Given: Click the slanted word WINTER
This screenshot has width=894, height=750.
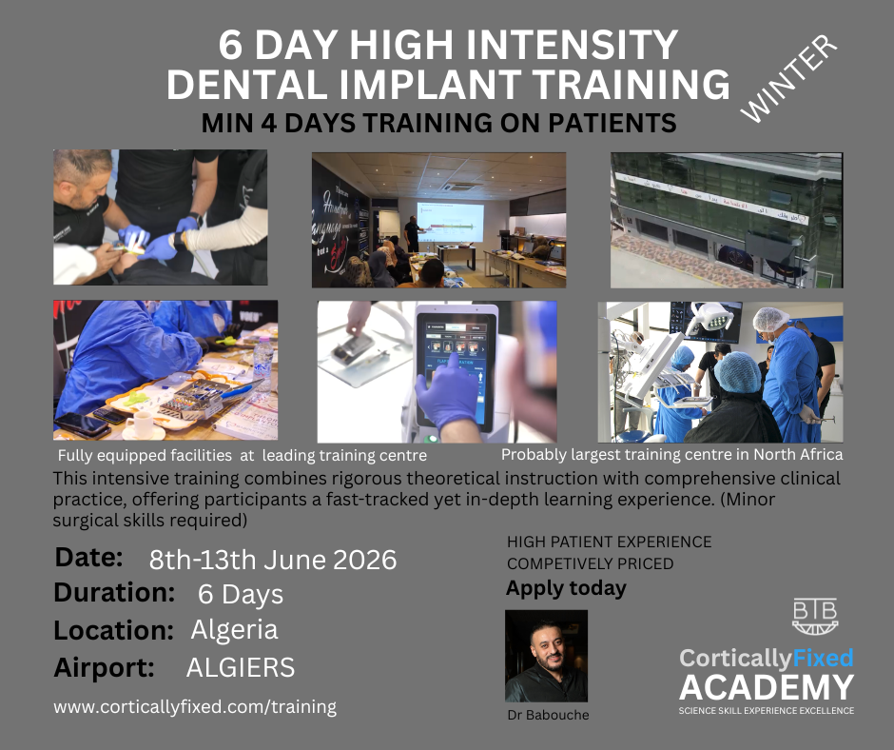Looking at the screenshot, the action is [789, 78].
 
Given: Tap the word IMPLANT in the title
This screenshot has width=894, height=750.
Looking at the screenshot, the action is [430, 84].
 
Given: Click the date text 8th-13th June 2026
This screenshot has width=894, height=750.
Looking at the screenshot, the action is [273, 560].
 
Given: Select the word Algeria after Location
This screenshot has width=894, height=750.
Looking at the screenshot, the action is [234, 629].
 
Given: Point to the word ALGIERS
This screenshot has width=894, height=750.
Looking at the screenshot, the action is [241, 667].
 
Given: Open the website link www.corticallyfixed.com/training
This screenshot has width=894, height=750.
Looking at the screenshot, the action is [195, 706].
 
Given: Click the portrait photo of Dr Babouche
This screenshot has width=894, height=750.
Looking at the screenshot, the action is [546, 656].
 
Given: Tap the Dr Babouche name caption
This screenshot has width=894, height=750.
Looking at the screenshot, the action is [548, 715].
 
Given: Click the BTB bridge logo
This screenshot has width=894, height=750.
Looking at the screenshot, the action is [815, 616].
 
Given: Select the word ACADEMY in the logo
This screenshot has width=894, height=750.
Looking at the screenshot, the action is [767, 687].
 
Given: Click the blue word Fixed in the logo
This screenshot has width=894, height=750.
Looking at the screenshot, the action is [822, 658].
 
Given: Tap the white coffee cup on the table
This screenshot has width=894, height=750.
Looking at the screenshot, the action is [140, 424].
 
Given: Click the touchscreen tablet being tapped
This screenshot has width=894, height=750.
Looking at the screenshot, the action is [457, 368].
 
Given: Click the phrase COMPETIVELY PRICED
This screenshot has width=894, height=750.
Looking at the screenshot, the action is [590, 563].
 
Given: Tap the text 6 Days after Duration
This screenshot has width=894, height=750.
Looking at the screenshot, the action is [240, 594].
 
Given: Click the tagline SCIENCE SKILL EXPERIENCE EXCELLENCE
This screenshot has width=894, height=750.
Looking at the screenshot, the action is [767, 711].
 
